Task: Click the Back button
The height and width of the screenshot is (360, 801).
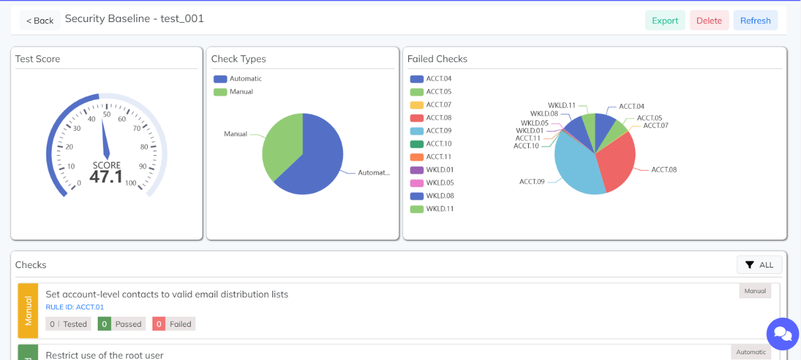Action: click(40, 20)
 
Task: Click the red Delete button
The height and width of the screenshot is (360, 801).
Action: click(709, 20)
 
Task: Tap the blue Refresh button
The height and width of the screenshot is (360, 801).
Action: click(755, 20)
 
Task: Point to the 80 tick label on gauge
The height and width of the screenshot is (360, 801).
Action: click(144, 147)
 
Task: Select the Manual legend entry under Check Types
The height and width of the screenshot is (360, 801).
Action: click(234, 92)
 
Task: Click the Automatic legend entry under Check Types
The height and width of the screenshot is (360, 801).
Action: click(238, 79)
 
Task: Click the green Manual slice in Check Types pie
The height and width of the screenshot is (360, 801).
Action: click(280, 145)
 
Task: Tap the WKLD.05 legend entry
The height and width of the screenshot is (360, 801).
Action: click(432, 183)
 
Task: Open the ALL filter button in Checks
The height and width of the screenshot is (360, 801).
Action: click(759, 265)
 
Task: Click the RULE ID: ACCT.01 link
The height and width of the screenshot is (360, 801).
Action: click(74, 307)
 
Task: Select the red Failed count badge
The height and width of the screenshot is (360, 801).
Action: click(174, 324)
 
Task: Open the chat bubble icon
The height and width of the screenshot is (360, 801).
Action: click(782, 334)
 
